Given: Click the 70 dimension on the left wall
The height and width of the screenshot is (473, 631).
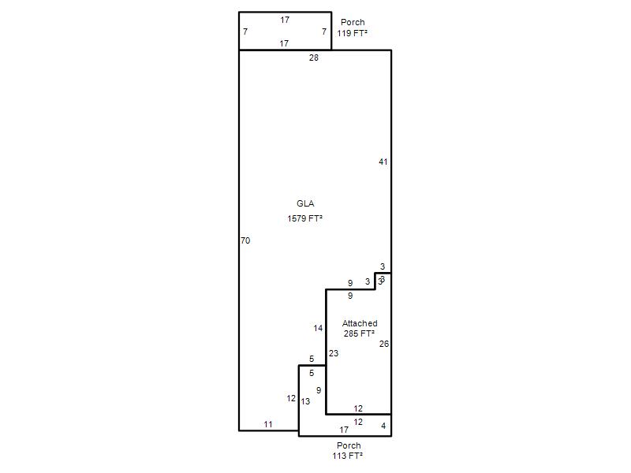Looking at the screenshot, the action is (245, 240).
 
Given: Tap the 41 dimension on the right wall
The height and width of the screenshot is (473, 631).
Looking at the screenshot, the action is (383, 162).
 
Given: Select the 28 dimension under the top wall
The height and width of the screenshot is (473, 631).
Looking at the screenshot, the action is (314, 58).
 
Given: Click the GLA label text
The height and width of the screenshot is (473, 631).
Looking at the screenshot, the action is (305, 203).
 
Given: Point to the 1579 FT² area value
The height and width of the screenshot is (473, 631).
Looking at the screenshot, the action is (305, 218).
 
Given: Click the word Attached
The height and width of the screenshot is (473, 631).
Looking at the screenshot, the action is (360, 323).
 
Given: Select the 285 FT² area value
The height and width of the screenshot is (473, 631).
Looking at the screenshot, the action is (360, 333).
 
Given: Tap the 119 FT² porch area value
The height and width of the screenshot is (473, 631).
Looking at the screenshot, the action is (352, 33).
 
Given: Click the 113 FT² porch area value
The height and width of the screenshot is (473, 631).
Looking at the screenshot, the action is (348, 456).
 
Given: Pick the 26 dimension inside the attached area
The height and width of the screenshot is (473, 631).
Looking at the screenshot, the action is (384, 344).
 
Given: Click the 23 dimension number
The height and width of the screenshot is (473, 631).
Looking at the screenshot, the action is (334, 353).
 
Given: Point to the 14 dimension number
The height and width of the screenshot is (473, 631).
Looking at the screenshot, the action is (319, 328).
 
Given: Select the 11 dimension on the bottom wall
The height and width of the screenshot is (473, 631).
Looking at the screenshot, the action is (268, 424).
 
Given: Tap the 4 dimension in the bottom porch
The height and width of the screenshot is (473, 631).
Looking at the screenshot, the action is (383, 426).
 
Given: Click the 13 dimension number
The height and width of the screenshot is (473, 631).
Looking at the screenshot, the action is (305, 401).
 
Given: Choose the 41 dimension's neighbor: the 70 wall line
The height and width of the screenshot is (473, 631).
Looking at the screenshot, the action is (239, 240).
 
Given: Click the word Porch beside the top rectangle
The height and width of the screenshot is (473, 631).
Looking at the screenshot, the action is (353, 22).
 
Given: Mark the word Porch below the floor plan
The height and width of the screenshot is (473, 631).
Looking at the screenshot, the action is (349, 445).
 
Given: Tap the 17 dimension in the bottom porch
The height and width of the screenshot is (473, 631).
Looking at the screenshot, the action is (344, 430).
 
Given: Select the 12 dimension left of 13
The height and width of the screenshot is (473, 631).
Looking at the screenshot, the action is (291, 399).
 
